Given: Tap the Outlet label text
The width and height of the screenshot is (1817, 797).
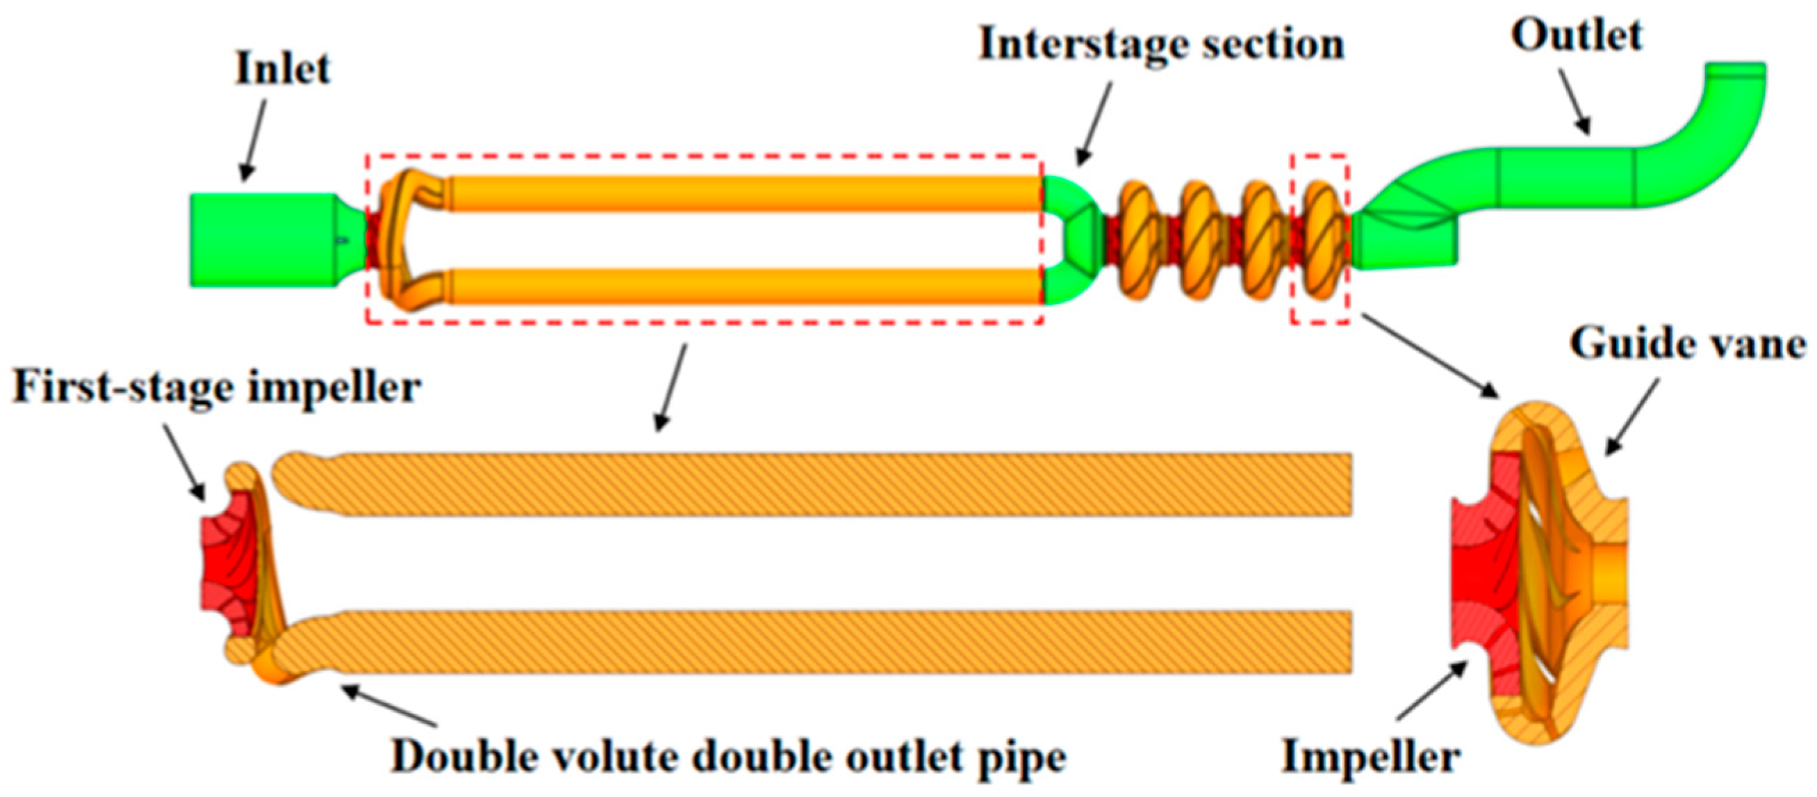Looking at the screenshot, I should click(1576, 36).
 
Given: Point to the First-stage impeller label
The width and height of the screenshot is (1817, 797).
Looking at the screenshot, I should click(217, 388).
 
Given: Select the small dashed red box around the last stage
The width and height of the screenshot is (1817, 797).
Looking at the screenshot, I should click(1320, 239).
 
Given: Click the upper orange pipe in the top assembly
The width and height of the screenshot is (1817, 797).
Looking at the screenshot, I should click(741, 193).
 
